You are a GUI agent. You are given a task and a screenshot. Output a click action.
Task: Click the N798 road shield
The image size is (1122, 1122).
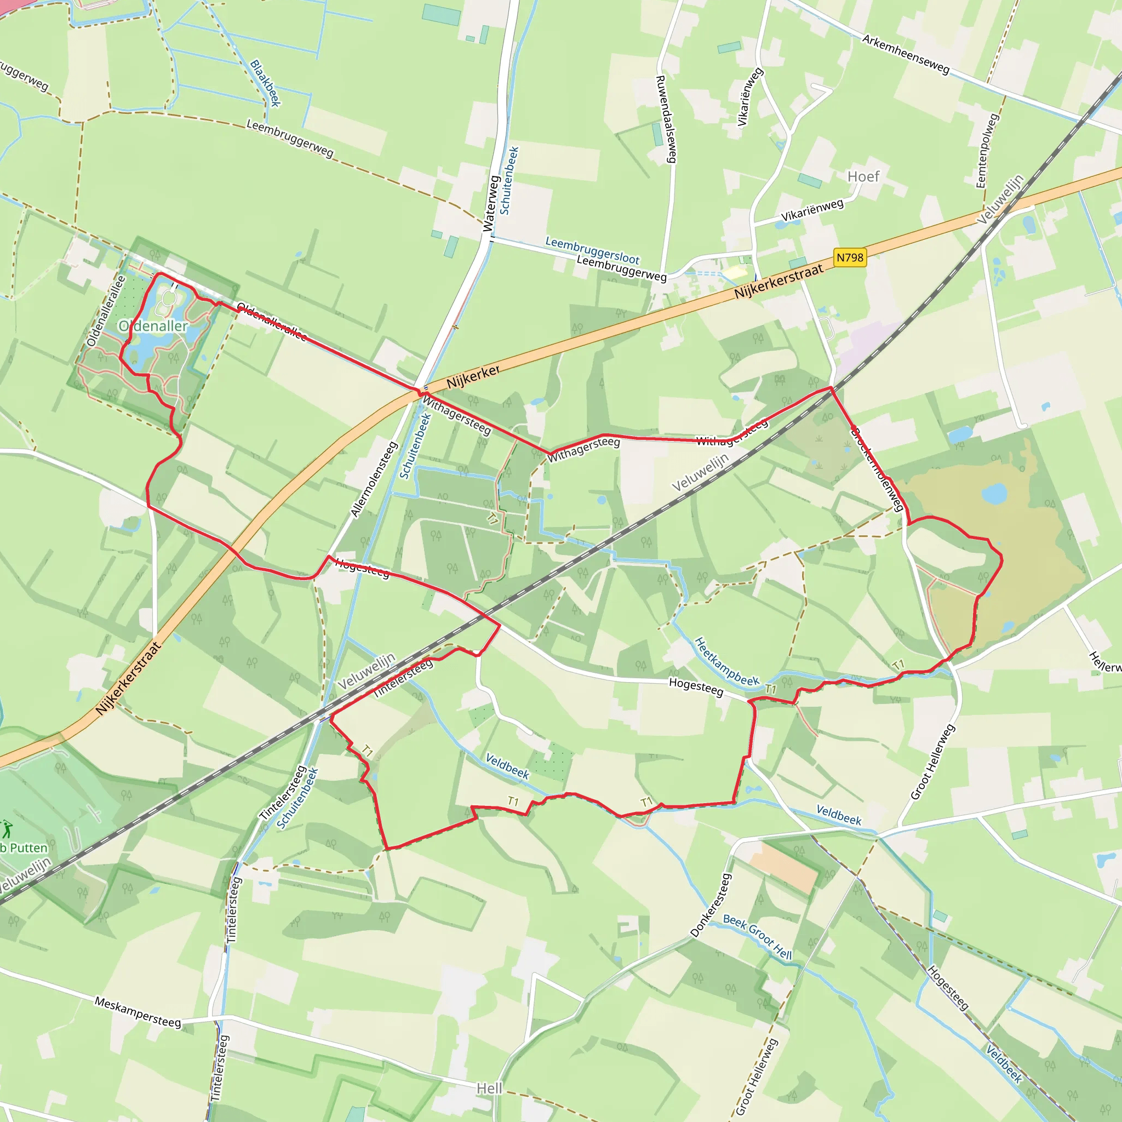click(850, 257)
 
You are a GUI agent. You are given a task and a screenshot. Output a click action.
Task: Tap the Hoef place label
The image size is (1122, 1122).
click(863, 176)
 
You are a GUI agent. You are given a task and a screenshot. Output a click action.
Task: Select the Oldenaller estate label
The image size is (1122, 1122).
click(153, 326)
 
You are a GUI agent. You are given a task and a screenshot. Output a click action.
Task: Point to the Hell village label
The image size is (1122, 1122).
click(489, 1089)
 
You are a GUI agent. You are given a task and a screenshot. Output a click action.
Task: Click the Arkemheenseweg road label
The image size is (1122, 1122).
click(906, 55)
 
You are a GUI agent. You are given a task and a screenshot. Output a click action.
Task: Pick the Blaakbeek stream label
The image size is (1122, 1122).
click(265, 83)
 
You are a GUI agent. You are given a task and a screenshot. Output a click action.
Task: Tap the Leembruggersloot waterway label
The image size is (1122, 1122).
click(592, 250)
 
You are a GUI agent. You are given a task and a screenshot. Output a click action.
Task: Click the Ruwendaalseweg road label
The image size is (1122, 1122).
click(666, 119)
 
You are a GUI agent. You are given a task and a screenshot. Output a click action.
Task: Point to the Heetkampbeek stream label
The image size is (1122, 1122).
click(726, 661)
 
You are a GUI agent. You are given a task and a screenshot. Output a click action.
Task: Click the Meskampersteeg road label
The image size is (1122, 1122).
click(138, 1012)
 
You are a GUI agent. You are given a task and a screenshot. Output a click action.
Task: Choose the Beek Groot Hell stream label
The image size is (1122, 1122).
click(757, 937)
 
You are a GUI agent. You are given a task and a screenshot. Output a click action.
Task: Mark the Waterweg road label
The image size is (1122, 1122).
click(491, 204)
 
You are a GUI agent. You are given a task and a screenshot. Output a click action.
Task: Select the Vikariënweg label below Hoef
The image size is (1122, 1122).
click(812, 210)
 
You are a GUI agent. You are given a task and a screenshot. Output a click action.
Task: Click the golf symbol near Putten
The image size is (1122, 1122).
click(7, 829)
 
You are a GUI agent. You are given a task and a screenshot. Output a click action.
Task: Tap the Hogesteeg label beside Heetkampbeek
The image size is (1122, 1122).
click(696, 686)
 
